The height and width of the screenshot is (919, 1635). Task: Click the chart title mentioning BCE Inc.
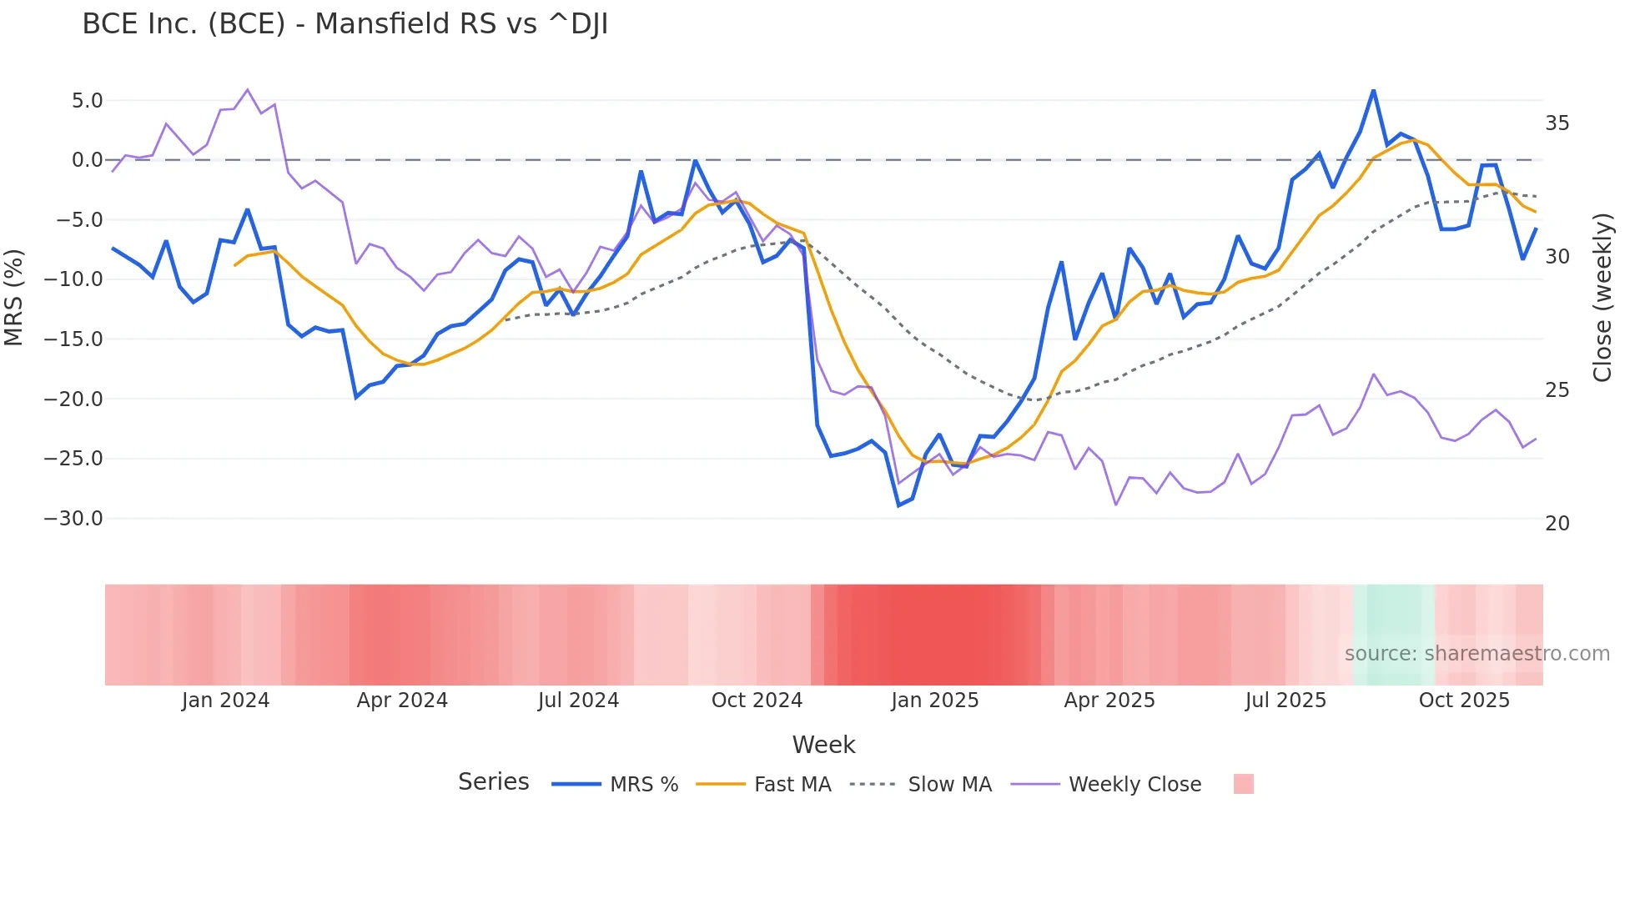point(345,24)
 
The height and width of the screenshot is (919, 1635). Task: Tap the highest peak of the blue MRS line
point(1373,90)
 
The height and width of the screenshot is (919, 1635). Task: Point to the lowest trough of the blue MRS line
point(898,505)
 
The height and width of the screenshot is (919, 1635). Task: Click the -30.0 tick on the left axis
point(73,518)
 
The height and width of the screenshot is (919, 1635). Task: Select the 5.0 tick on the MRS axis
point(87,101)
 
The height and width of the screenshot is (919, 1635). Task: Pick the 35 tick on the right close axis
point(1557,123)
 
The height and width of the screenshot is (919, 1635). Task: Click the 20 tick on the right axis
point(1557,524)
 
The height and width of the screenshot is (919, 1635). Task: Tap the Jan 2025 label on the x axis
point(934,701)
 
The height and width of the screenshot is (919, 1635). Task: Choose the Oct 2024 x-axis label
point(757,701)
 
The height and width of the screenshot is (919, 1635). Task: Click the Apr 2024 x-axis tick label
point(402,701)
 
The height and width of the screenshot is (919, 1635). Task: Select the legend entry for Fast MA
point(792,785)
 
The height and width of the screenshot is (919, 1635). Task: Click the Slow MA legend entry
point(949,785)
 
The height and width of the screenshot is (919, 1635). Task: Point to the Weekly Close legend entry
point(1134,785)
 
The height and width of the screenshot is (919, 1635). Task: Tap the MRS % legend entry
point(643,785)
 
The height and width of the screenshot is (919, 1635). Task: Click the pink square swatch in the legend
point(1243,784)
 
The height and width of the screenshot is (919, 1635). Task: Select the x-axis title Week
point(823,745)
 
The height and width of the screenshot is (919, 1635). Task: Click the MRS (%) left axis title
point(14,297)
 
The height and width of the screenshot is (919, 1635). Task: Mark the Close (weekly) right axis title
point(1602,298)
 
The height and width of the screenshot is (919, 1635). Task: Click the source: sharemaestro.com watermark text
point(1477,654)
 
